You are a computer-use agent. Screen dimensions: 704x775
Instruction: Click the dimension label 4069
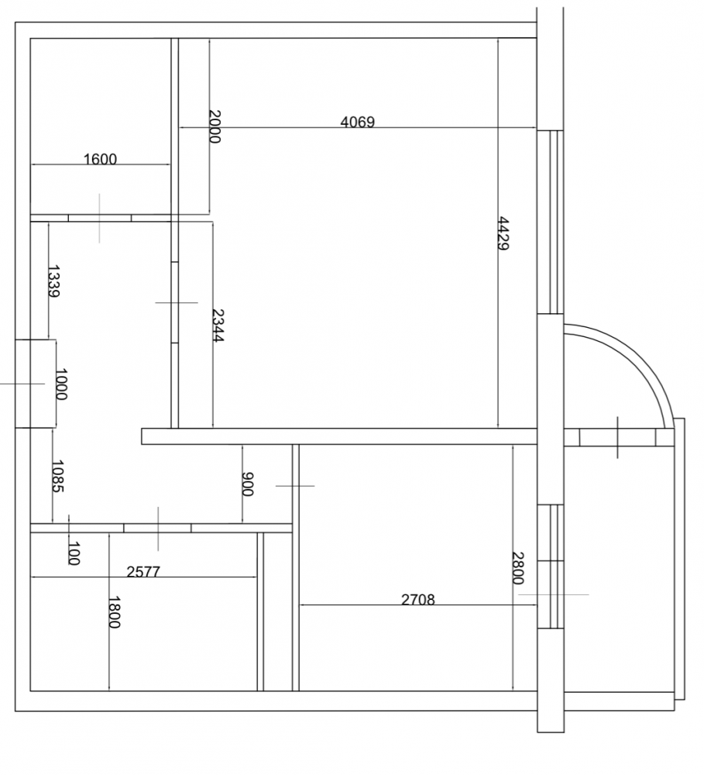pyautogui.click(x=358, y=122)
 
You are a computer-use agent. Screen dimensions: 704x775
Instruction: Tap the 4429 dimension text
pyautogui.click(x=503, y=233)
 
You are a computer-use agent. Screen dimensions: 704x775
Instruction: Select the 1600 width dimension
pyautogui.click(x=100, y=159)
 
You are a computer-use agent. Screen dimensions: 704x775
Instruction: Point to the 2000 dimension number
pyautogui.click(x=215, y=126)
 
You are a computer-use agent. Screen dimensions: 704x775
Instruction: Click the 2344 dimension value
pyautogui.click(x=218, y=325)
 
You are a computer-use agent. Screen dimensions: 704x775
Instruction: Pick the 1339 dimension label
pyautogui.click(x=53, y=282)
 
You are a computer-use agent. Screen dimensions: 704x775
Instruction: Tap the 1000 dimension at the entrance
pyautogui.click(x=60, y=384)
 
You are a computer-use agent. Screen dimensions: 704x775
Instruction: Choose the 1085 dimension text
pyautogui.click(x=58, y=477)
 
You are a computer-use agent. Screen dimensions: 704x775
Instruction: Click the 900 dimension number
pyautogui.click(x=248, y=484)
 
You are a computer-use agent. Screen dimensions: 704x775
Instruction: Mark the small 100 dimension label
pyautogui.click(x=73, y=553)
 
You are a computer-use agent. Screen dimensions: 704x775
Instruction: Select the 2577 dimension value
pyautogui.click(x=143, y=572)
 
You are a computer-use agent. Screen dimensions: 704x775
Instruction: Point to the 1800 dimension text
pyautogui.click(x=114, y=612)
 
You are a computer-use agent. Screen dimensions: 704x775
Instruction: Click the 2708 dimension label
pyautogui.click(x=418, y=600)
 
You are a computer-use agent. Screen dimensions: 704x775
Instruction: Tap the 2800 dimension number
pyautogui.click(x=517, y=568)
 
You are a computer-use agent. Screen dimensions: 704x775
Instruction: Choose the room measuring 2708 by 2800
pyautogui.click(x=418, y=567)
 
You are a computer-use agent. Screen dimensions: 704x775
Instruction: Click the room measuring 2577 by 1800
pyautogui.click(x=143, y=612)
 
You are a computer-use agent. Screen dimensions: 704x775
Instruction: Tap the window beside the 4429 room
pyautogui.click(x=551, y=222)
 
